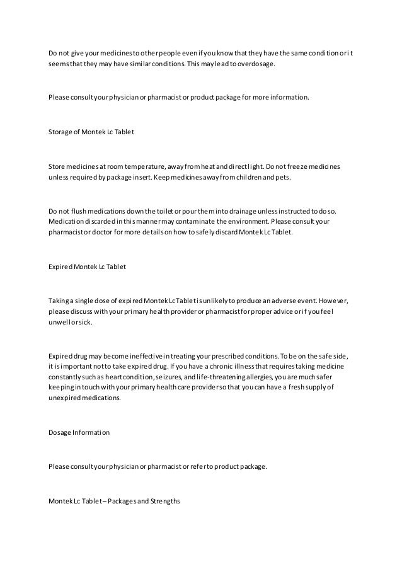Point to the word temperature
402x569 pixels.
[x=144, y=166]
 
